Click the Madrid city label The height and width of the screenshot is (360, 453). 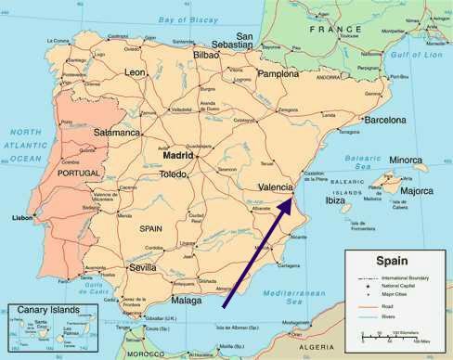pos(192,156)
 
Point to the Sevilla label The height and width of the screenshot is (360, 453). pos(149,267)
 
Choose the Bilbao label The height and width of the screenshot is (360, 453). pos(206,56)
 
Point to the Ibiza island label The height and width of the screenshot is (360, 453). pos(333,200)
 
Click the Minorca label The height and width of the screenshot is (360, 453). pos(405,161)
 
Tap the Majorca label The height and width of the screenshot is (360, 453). pos(415,191)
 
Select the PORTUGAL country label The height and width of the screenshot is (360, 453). pos(79,174)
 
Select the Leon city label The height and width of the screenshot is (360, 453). pos(136,71)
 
